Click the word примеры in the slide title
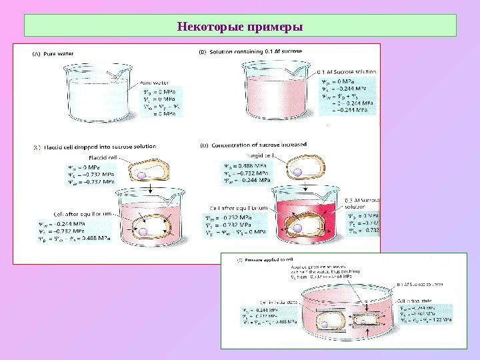(275, 27)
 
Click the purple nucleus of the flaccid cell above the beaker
(141, 176)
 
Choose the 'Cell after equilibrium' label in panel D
(239, 208)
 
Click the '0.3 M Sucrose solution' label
(363, 203)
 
